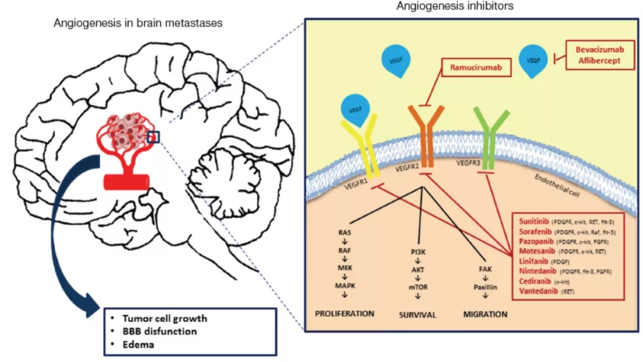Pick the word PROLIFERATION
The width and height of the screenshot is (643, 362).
pos(345,313)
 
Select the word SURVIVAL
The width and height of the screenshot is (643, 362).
pos(418,314)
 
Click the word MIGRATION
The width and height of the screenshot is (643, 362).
pos(485,314)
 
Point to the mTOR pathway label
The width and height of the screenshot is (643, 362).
pos(419,286)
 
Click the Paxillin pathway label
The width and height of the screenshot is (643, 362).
pos(485,286)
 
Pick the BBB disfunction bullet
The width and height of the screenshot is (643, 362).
pos(157,331)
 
